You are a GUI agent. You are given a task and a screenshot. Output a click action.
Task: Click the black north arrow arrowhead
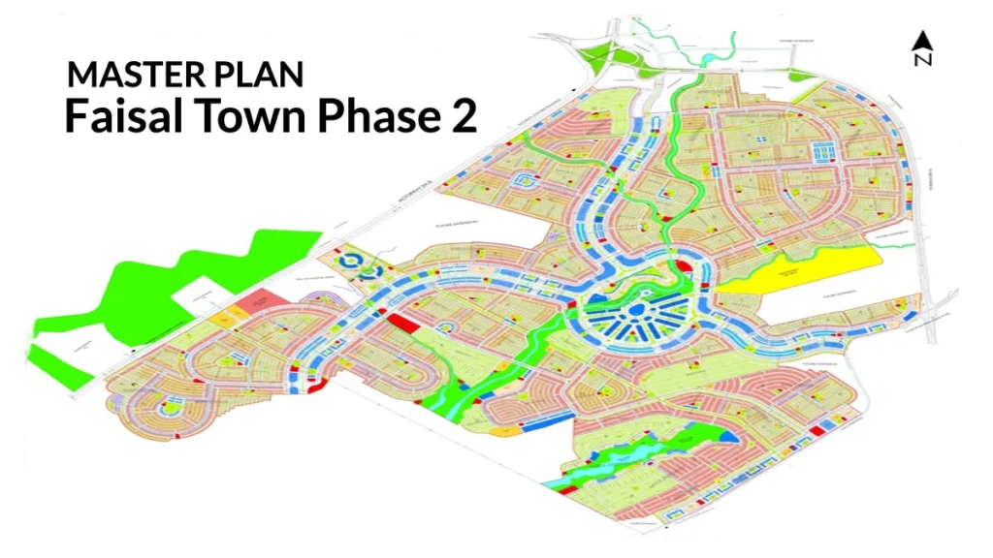[x=922, y=41]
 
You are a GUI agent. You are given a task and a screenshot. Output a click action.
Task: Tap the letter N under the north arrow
[x=922, y=60]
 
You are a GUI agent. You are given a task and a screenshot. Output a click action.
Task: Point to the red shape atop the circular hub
[x=682, y=264]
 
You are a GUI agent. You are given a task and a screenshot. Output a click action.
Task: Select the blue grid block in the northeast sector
[x=822, y=149]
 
